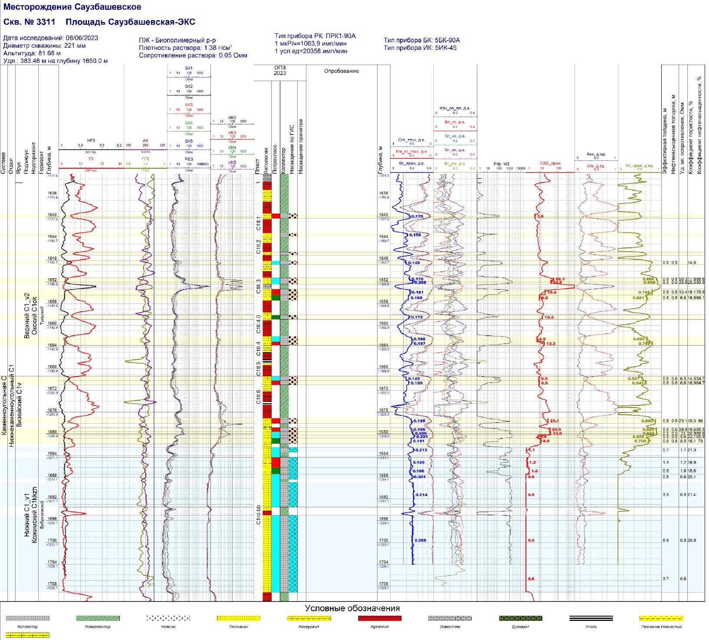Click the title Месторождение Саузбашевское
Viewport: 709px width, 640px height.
click(x=72, y=7)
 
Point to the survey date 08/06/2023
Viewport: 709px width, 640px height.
click(x=81, y=38)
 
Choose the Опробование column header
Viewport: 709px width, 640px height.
click(x=341, y=71)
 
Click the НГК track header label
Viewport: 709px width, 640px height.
click(x=91, y=140)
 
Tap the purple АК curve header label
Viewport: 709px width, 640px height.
click(x=145, y=140)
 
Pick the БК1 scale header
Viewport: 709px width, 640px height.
click(x=189, y=68)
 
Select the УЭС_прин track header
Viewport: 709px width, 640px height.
click(x=550, y=163)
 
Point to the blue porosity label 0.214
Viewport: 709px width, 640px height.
click(x=421, y=495)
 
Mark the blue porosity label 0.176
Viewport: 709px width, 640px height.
click(x=417, y=216)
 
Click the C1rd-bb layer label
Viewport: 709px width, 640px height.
click(x=258, y=515)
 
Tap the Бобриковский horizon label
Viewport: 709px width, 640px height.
click(x=42, y=515)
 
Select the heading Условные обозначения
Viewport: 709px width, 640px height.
click(x=352, y=608)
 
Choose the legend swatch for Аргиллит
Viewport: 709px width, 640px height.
click(x=380, y=618)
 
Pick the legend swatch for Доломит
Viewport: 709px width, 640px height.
click(x=520, y=618)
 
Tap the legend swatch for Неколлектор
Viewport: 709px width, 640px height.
click(x=98, y=618)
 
